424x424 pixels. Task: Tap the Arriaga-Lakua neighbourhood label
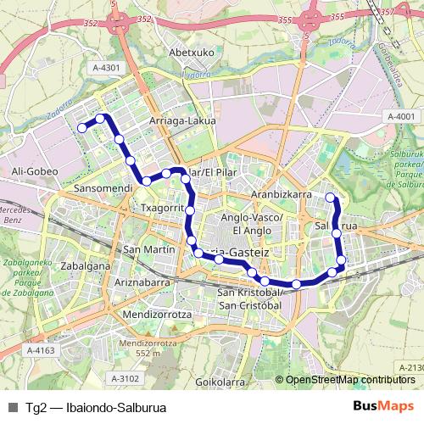coord(182,120)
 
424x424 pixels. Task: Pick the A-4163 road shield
coord(40,349)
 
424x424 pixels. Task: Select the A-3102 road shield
coord(125,378)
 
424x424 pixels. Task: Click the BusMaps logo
coord(383,405)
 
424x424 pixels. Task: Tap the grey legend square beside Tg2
coord(13,406)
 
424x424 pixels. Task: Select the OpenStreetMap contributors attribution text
coord(350,380)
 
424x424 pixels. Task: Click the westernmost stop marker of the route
coord(82,128)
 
